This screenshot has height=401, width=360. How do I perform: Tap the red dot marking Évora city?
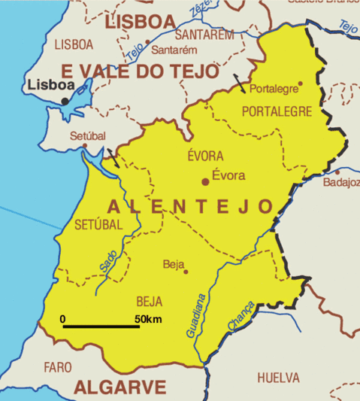(204, 181)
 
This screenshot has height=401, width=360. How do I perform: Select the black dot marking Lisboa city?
(65, 100)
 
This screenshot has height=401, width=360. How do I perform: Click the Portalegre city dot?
(300, 84)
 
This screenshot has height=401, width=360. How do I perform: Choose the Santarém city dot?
(148, 42)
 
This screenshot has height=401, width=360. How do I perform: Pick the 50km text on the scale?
(148, 319)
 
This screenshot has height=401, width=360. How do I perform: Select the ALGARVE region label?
(119, 387)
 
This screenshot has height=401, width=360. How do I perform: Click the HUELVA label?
(278, 377)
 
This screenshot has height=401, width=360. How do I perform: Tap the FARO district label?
(58, 367)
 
